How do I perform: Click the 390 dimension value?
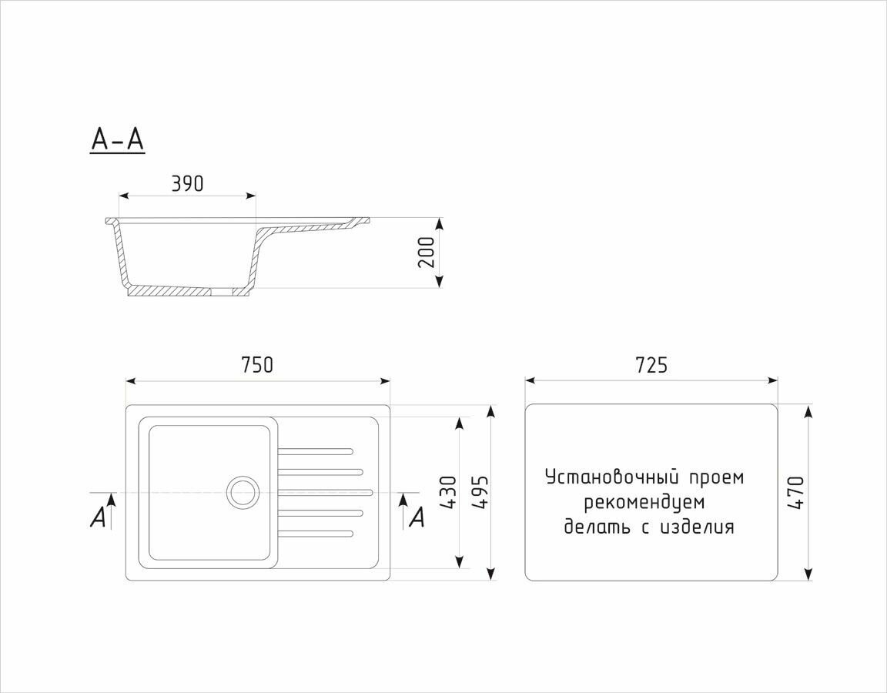tap(187, 184)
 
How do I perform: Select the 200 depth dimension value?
tap(427, 252)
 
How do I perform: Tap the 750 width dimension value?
tap(257, 364)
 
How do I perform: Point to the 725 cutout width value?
tap(651, 364)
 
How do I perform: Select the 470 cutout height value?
tap(796, 493)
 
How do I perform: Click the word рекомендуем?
tap(644, 503)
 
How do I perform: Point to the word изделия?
tap(697, 527)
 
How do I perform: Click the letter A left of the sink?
tap(97, 518)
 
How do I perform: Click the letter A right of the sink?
tap(417, 517)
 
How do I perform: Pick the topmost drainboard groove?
tap(314, 450)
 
